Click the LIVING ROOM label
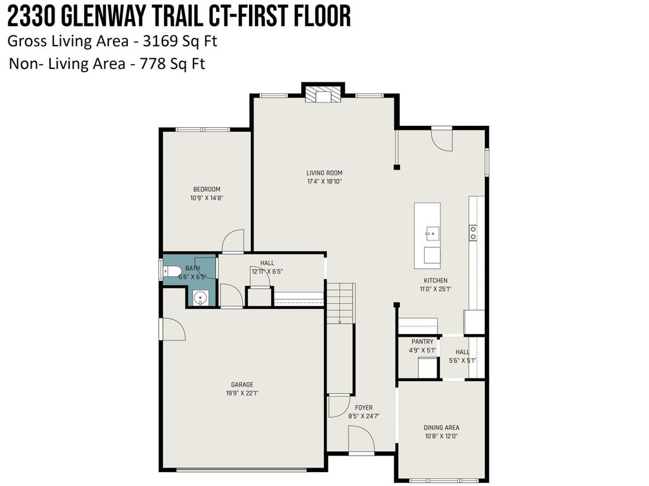324,173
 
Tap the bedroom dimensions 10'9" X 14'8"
207,198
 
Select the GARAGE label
242,384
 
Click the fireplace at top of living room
323,94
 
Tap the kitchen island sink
432,232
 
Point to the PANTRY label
421,342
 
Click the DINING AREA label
442,428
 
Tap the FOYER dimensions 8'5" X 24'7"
364,416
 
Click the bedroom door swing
233,240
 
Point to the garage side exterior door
171,329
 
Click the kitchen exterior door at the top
442,138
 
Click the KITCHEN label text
435,280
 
